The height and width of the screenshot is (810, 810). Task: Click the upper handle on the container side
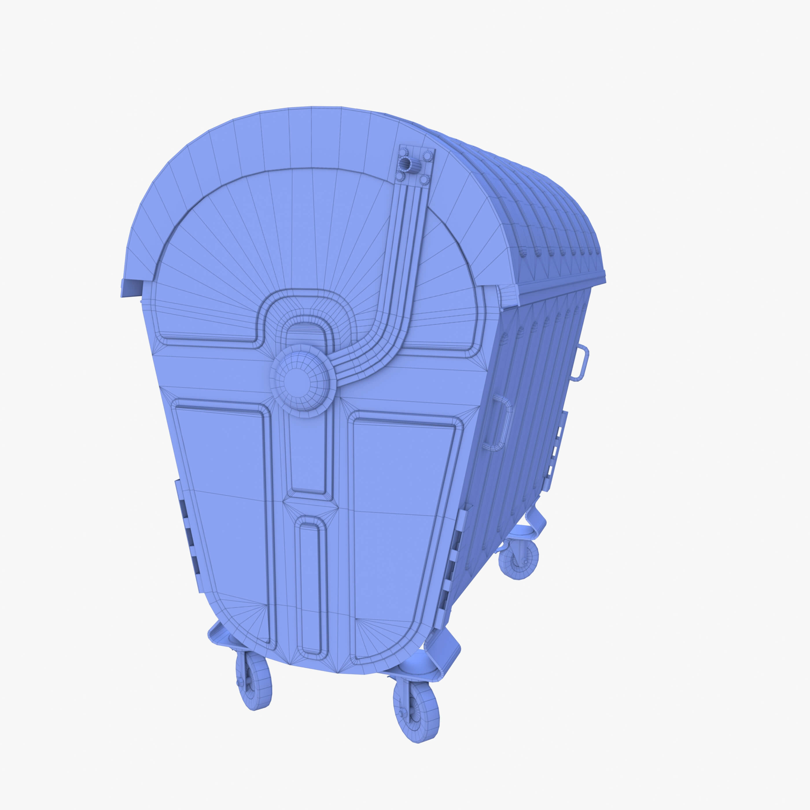click(x=581, y=363)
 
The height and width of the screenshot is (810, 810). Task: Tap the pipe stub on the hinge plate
click(x=405, y=162)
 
